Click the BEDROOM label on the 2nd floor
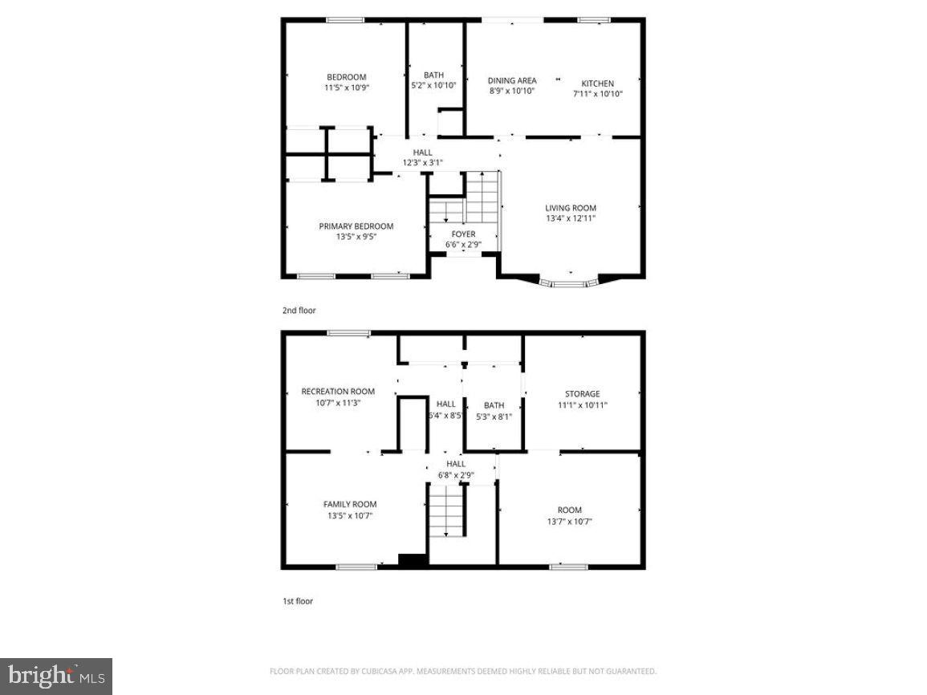tap(346, 77)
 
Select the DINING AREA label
tap(512, 80)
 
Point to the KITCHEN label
tap(597, 83)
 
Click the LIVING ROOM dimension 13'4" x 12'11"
tap(571, 217)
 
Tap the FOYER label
tap(463, 234)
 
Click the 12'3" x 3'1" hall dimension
tap(422, 163)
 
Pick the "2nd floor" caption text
tap(299, 310)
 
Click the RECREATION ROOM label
tap(338, 392)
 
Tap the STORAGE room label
tap(582, 394)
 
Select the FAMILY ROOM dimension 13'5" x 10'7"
tap(350, 515)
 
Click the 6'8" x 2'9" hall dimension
tap(455, 474)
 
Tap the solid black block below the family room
tap(413, 561)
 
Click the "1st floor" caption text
tap(297, 600)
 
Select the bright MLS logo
tap(56, 677)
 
